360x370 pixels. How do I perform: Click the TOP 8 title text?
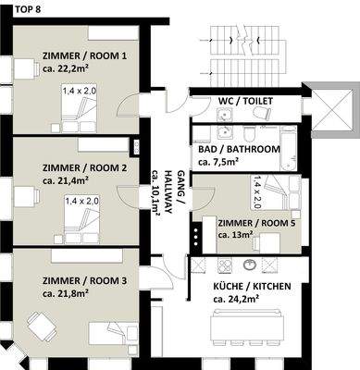[16, 8]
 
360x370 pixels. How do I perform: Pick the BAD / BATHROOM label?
[238, 148]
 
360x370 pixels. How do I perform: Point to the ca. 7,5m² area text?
[218, 162]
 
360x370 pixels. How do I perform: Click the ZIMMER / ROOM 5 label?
[256, 222]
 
